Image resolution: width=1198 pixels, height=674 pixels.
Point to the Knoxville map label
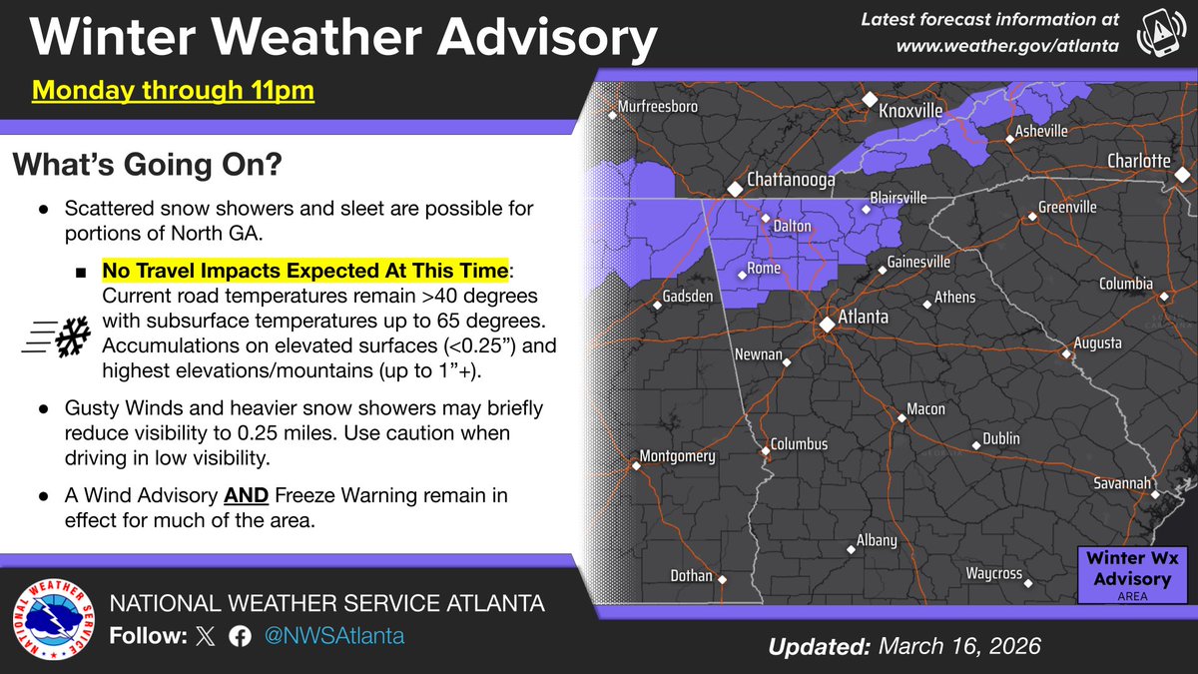tap(909, 112)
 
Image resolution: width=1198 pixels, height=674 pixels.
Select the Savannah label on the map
tap(1120, 483)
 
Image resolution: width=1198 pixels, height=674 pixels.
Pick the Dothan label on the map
tap(691, 576)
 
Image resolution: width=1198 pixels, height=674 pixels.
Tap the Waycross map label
tap(993, 574)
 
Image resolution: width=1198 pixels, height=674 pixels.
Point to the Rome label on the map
tap(764, 269)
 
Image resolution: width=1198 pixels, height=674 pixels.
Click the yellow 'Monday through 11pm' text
tap(173, 91)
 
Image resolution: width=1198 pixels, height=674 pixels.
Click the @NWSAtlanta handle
tap(332, 636)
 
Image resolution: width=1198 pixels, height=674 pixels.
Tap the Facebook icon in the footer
tap(239, 636)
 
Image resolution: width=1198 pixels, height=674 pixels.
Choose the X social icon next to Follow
tap(205, 636)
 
